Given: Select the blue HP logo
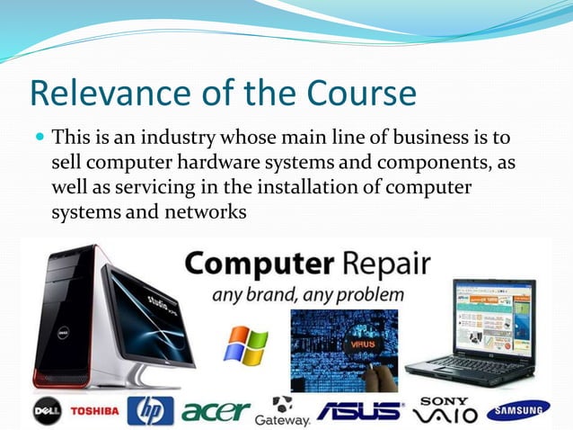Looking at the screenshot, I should pyautogui.click(x=150, y=411).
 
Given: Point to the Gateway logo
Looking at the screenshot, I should pyautogui.click(x=283, y=413).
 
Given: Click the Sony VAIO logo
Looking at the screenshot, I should pyautogui.click(x=445, y=410).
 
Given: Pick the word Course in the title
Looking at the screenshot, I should pyautogui.click(x=369, y=94).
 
